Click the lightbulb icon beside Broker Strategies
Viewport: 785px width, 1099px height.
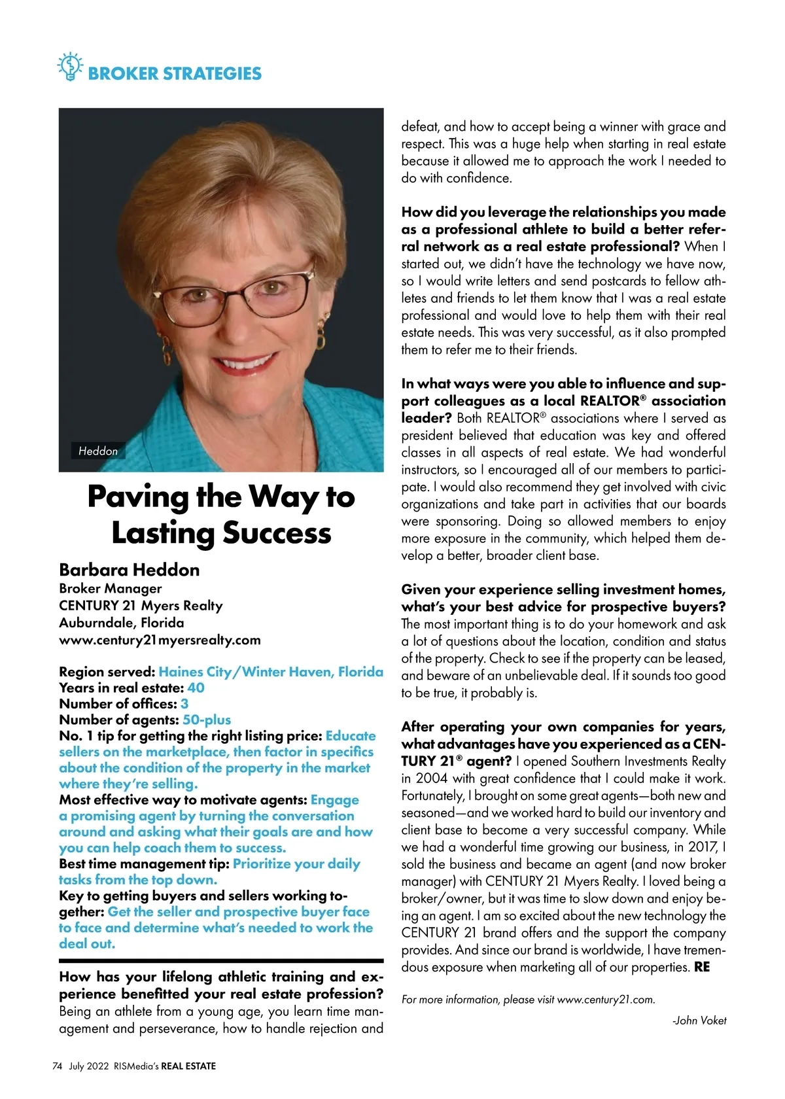tap(69, 67)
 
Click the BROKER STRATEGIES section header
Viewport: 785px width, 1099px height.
tap(174, 73)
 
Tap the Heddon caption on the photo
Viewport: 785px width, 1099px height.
tap(98, 451)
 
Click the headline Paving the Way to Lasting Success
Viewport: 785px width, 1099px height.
tap(221, 514)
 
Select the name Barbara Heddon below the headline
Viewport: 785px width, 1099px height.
tap(129, 570)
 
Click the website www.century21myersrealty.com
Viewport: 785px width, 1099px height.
tap(160, 640)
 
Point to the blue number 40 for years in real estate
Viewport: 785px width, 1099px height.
tap(196, 688)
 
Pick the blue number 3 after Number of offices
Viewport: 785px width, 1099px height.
tap(184, 704)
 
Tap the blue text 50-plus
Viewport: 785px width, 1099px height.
tap(207, 720)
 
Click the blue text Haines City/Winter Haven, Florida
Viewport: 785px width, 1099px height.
tap(271, 672)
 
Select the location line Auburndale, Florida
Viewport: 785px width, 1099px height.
tap(122, 623)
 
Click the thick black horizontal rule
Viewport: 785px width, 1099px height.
tap(221, 961)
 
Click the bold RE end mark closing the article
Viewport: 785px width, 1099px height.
tap(702, 967)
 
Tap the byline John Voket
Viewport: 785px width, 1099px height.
tap(700, 1020)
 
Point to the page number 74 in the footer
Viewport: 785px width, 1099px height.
tap(57, 1066)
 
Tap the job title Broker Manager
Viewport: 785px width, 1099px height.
tap(110, 588)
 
